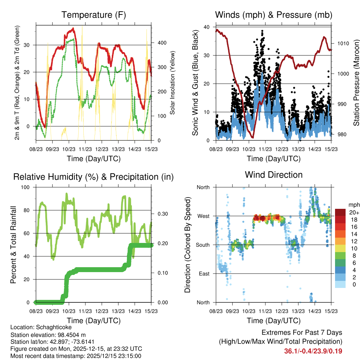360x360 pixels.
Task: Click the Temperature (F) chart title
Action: coord(94,15)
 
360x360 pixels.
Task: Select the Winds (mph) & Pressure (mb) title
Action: coord(274,15)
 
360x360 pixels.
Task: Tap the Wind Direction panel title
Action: coord(274,175)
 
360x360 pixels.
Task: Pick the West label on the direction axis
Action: coord(203,216)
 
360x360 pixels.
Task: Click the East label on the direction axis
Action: coord(204,274)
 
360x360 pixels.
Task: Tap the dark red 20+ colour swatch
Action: coord(340,213)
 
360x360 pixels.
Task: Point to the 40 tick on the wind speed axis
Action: coord(207,27)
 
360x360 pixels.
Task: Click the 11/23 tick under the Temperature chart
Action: coord(85,149)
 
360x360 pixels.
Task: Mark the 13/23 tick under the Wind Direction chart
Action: coord(298,311)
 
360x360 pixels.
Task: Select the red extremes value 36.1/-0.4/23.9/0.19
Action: coord(313,351)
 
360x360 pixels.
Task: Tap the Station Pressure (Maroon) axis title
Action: coord(356,83)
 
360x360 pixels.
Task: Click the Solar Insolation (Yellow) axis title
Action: coord(173,83)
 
